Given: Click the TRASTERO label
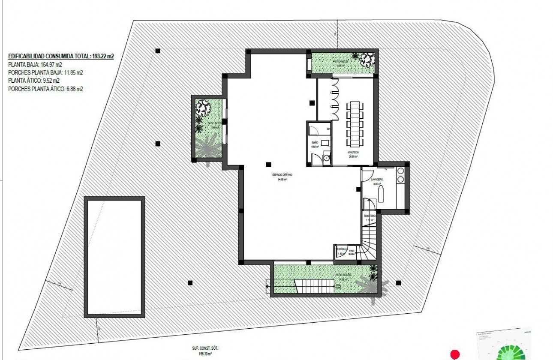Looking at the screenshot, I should [370, 216].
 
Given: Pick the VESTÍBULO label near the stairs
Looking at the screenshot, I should [341, 249].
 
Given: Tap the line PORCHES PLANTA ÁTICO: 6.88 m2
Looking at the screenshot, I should [45, 89].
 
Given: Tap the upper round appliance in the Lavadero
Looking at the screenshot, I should [401, 171].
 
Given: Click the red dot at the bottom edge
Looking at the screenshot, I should [454, 354].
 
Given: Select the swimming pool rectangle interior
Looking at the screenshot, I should [114, 257].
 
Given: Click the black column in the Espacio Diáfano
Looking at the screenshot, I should [268, 163].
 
